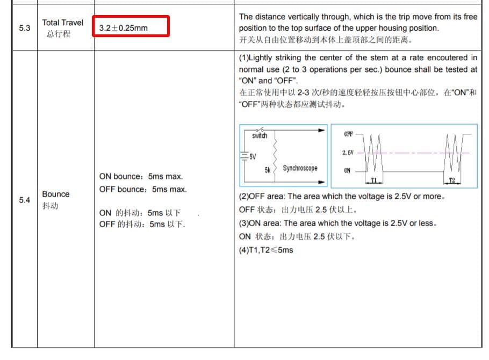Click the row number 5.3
coord(24,28)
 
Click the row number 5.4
coord(24,200)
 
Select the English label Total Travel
coord(63,23)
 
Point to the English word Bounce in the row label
coord(56,194)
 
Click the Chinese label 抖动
coord(51,206)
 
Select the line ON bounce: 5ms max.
coord(141,176)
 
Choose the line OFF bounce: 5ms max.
coord(143,189)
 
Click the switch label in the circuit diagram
coord(260,136)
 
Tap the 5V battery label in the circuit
coord(252,156)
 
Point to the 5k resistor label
coord(267,170)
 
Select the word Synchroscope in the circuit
coord(300,168)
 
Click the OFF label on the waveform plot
coord(348,134)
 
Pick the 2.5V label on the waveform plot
coord(348,153)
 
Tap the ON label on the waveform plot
coord(347,170)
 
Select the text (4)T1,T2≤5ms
coord(266,250)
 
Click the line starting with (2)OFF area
coord(342,197)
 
